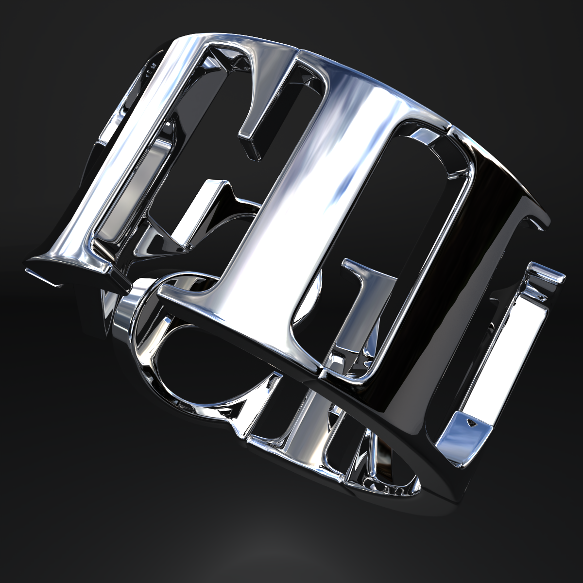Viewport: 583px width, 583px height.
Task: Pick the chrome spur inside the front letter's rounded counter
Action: click(x=362, y=287)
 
